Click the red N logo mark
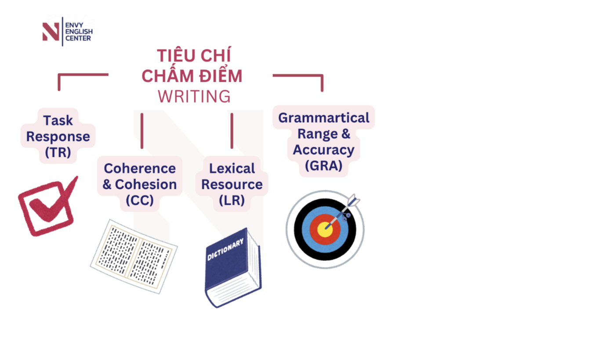point(51,32)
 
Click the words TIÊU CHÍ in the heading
point(194,56)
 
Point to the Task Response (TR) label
point(58,136)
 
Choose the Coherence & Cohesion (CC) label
point(139,184)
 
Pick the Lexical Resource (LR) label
point(232,184)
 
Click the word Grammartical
point(324,118)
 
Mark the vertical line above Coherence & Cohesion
point(142,131)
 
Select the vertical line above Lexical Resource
point(232,131)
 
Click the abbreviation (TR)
point(58,152)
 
